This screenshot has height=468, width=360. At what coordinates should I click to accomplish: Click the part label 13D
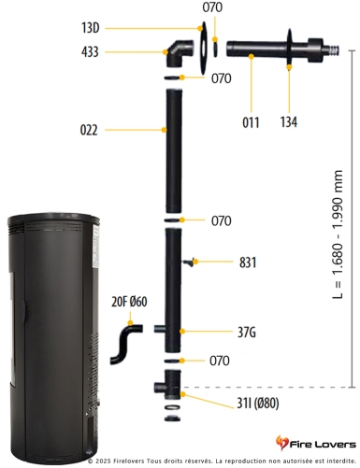(x=117, y=29)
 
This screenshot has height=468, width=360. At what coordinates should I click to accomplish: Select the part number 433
(x=116, y=52)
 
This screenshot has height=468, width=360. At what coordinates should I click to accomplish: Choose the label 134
(x=291, y=121)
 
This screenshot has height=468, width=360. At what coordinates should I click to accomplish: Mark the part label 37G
(x=248, y=331)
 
